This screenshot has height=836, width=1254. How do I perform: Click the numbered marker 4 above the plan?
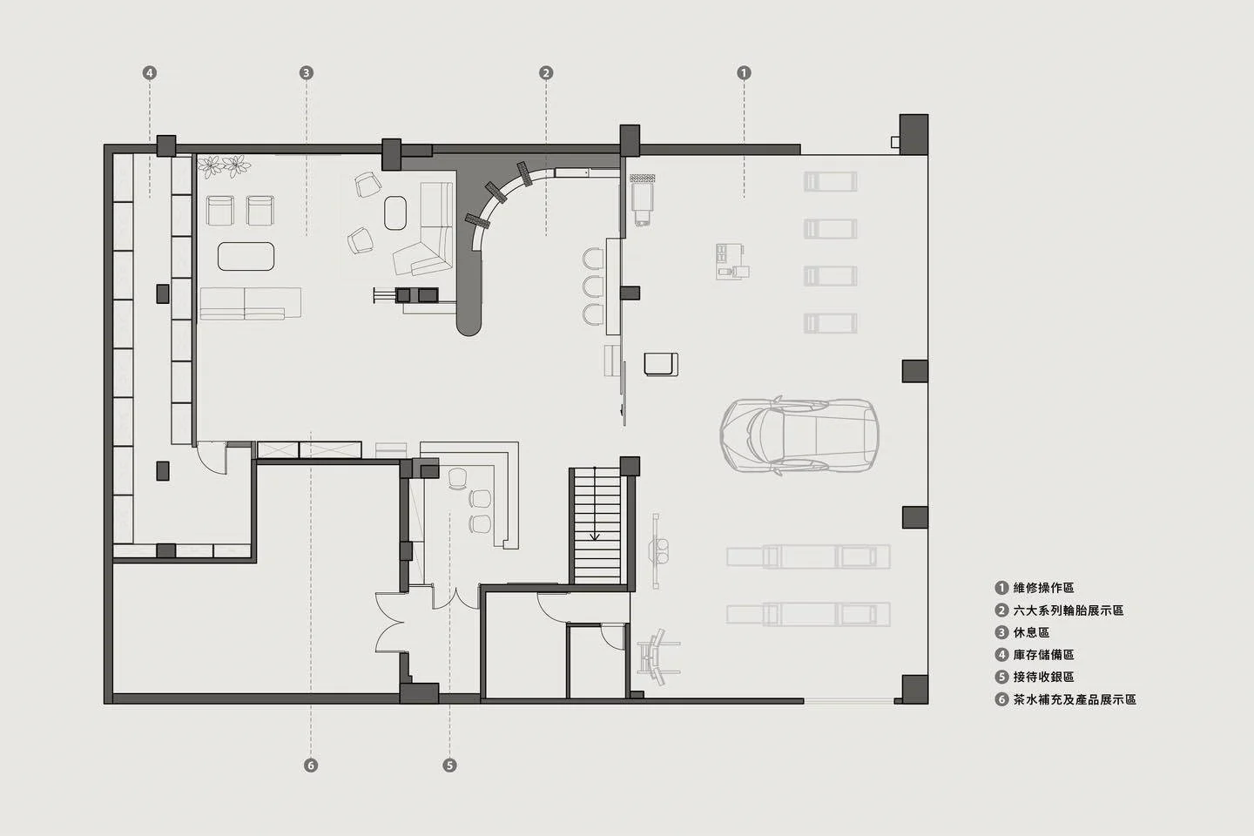click(150, 73)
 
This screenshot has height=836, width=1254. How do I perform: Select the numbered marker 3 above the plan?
click(307, 73)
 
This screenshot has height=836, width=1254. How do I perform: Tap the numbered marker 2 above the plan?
click(546, 73)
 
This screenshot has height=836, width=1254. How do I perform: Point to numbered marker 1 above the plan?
click(744, 73)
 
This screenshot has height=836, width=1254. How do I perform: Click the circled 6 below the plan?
click(311, 765)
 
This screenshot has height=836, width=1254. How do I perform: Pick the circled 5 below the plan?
click(449, 765)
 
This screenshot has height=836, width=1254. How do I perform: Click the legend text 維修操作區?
click(1043, 588)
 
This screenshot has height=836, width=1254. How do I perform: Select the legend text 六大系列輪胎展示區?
click(1069, 610)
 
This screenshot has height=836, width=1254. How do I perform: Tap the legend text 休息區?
click(1031, 633)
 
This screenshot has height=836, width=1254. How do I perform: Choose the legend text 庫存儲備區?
click(1043, 655)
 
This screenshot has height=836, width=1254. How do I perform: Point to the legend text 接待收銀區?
click(1043, 677)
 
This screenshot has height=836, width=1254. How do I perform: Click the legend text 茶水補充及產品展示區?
click(1075, 699)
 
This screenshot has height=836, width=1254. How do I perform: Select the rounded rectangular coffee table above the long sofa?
click(246, 256)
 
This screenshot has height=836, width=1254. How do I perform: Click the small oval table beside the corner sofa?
click(395, 212)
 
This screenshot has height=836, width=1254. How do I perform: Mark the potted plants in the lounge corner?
click(224, 166)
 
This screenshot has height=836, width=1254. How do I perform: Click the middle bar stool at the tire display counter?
click(593, 287)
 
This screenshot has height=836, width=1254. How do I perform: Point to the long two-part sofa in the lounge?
click(250, 304)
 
